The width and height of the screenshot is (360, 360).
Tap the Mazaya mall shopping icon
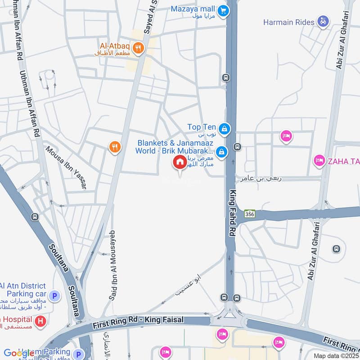(222, 10)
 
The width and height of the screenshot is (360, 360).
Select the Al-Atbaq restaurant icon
(138, 48)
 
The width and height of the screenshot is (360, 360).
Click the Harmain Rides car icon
(323, 21)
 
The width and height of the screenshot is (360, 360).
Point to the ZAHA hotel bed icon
(319, 161)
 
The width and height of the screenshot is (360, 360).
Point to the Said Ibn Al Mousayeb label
(112, 265)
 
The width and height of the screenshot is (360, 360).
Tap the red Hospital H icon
(41, 321)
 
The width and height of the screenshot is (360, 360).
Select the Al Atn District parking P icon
(54, 296)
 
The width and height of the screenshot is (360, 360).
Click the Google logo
(19, 353)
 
